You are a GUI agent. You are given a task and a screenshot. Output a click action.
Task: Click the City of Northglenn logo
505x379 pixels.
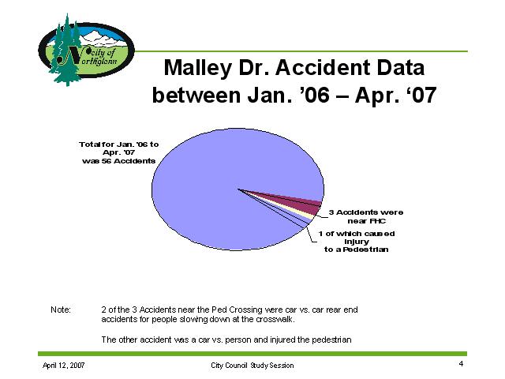pyautogui.click(x=86, y=50)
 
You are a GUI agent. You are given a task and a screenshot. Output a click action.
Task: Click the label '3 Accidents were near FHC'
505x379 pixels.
pyautogui.click(x=366, y=216)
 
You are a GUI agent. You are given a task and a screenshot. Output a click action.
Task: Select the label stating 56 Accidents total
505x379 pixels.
pyautogui.click(x=119, y=152)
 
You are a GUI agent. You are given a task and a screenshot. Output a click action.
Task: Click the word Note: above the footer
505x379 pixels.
pyautogui.click(x=61, y=310)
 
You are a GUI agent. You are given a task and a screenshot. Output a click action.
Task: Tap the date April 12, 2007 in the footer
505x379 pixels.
pyautogui.click(x=63, y=365)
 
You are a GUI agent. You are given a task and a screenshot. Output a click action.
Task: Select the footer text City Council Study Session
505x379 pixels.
pyautogui.click(x=252, y=365)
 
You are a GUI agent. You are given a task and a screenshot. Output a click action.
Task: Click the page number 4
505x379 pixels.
pyautogui.click(x=461, y=364)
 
